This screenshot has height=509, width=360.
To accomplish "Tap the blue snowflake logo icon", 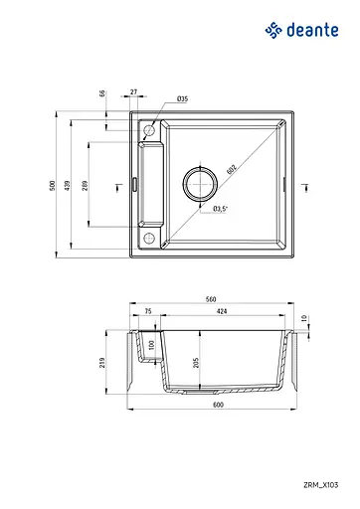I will coord(273,30).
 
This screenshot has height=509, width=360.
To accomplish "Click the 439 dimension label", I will coord(70,184).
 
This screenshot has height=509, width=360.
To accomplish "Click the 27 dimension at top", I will coord(134,91).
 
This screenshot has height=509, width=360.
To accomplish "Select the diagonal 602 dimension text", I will coord(230,170).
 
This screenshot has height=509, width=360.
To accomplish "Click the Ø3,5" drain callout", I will coord(221,209).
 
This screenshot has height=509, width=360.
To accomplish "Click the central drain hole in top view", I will coord(199,185).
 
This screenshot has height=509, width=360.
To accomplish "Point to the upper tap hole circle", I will coord(149,130).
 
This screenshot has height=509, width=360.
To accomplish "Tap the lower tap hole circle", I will coord(149,238).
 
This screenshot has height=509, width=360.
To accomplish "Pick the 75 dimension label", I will coord(147,311).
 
